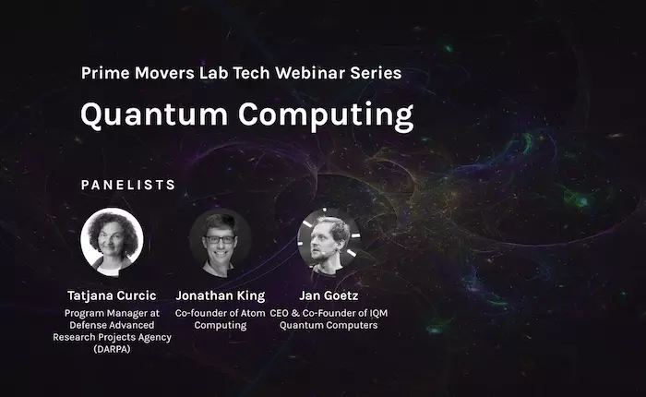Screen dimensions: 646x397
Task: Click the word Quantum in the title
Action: coord(154,115)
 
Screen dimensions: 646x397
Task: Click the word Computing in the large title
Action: coord(326,116)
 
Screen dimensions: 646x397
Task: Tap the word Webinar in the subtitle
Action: coord(311,73)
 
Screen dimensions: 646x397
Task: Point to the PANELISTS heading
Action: coord(128,185)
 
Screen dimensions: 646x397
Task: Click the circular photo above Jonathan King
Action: coord(221,243)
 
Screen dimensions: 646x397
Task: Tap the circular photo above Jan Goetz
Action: coord(329,243)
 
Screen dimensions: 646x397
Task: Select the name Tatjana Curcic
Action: coord(112,295)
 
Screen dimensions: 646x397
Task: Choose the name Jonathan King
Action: coord(221,295)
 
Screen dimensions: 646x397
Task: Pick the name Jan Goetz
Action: coord(329,295)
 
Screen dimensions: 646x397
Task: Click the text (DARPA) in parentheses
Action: coord(112,349)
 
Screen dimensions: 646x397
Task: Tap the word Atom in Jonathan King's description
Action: coord(253,313)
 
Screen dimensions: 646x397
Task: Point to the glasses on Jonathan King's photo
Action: coord(220,239)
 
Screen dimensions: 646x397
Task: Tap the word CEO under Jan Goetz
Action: coord(279,313)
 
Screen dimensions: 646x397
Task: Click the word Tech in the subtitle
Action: coord(251,73)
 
